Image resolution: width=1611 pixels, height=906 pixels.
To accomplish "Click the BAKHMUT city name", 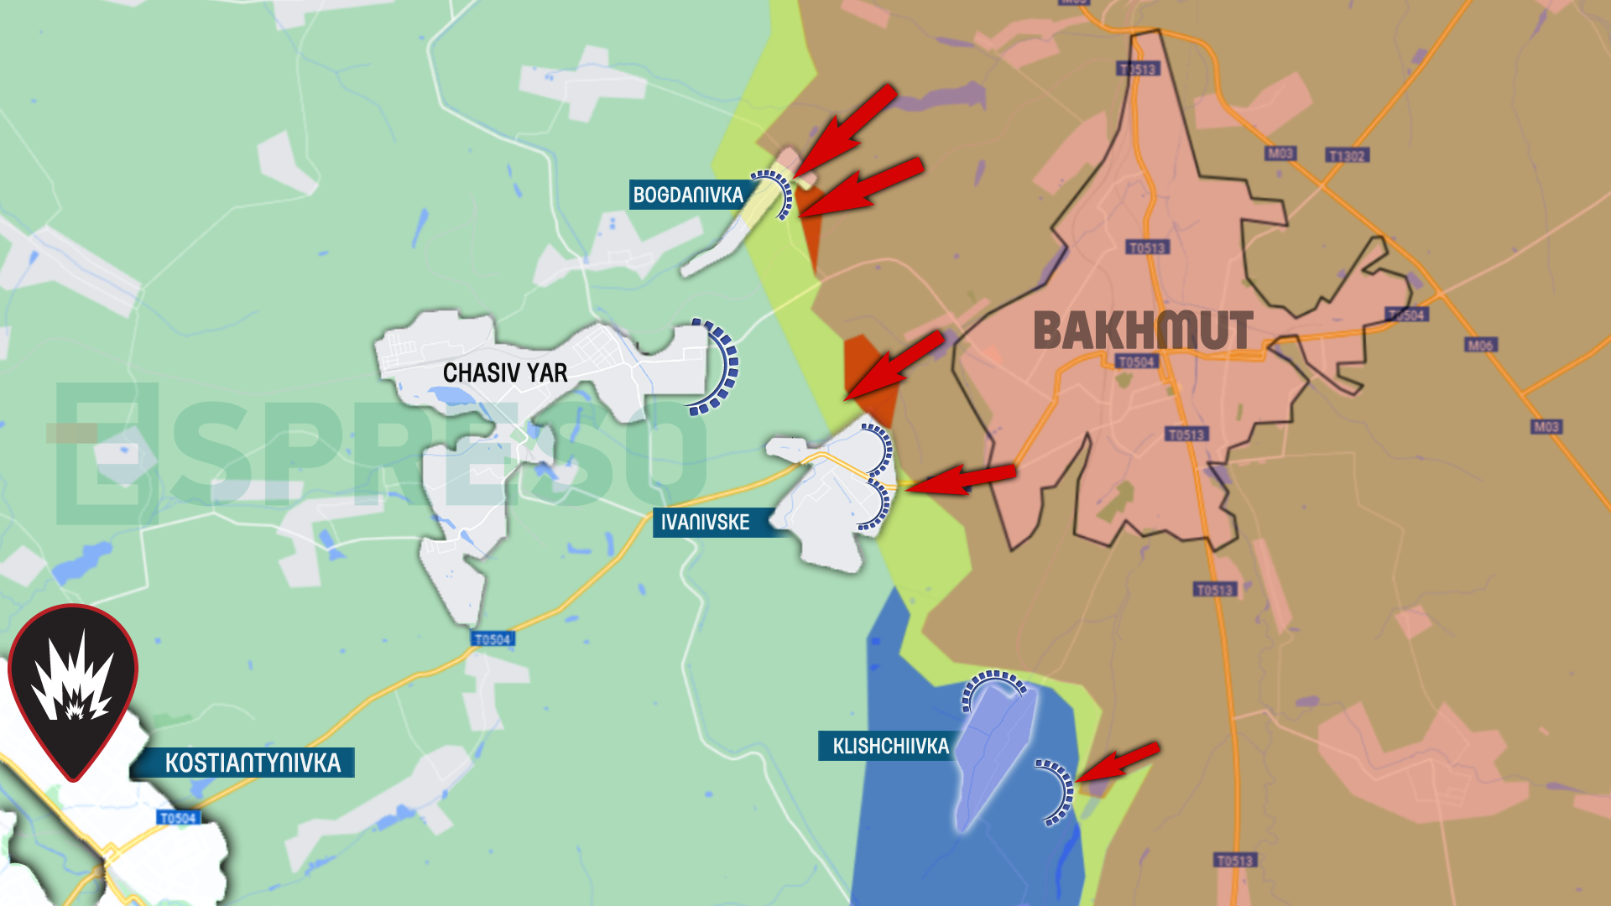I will pos(1143,331).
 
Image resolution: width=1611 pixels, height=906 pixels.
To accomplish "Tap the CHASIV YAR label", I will pos(505,373).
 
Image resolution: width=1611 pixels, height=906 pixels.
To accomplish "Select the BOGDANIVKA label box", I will pos(688,195).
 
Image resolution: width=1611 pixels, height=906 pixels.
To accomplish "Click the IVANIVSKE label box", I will pos(705,523).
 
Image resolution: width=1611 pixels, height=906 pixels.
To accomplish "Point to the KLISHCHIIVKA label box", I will pos(889,747).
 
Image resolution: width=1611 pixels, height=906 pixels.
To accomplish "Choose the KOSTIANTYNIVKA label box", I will pos(252,763).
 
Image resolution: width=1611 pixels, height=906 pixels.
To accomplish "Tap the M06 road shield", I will pos(1480,345).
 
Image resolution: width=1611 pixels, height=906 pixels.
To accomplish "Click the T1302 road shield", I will pos(1347,156).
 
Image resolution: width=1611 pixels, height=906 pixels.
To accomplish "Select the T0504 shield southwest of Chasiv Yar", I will pos(493,639).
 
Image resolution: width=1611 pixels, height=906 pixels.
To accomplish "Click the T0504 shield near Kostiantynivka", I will pos(178,818).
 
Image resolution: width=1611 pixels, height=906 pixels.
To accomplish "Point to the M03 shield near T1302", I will pos(1280,154).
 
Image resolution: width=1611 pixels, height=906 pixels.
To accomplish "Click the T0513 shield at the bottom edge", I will pos(1235,861).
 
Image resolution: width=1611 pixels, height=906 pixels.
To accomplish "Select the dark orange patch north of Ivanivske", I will pos(873,377).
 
